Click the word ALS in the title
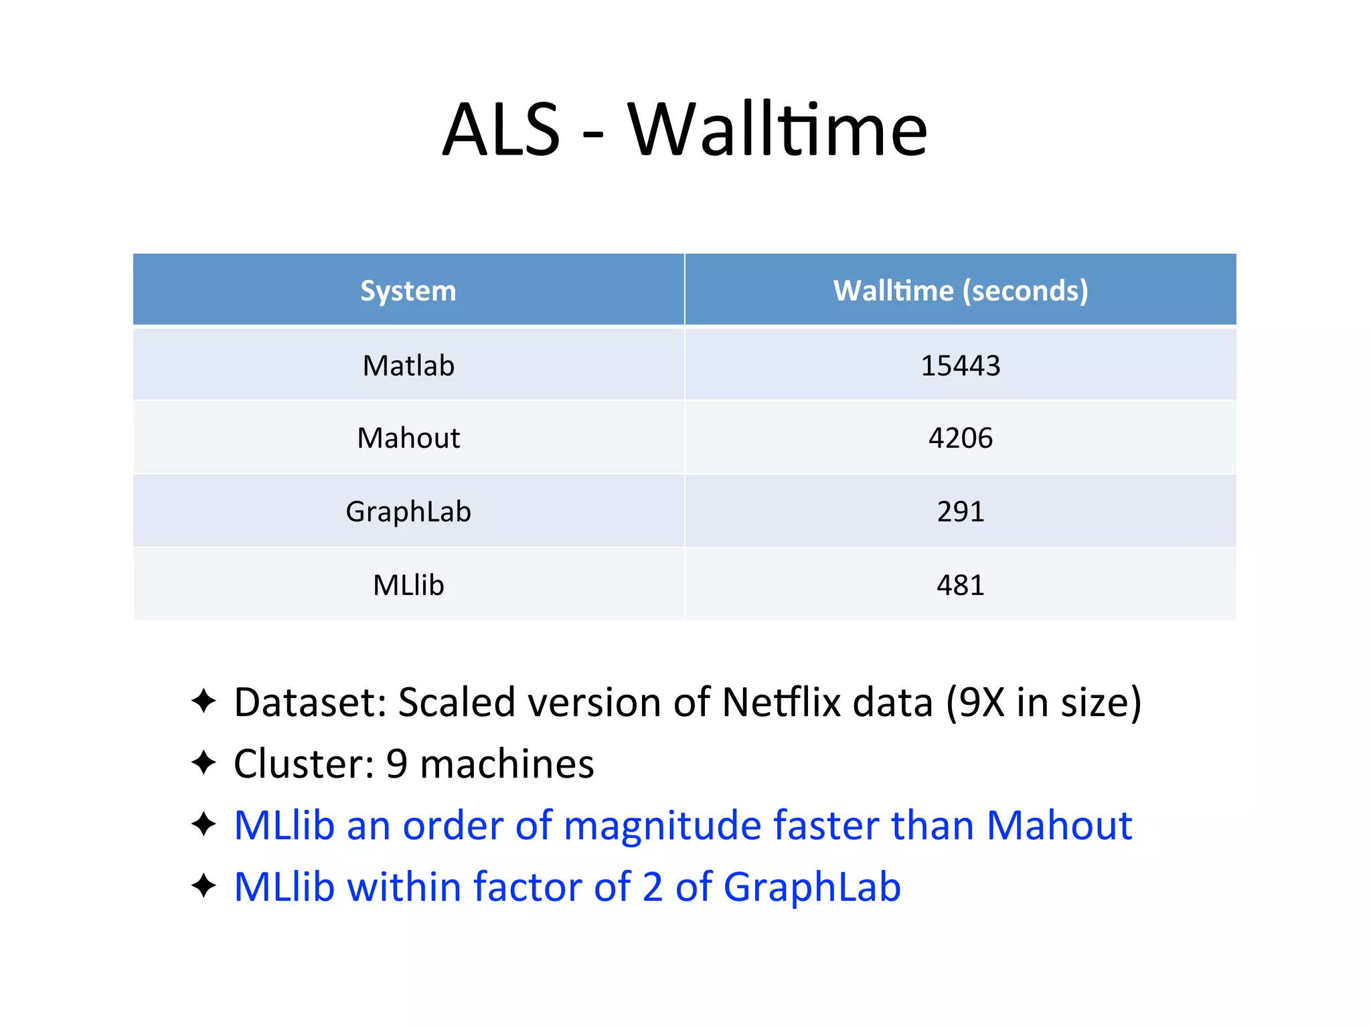[x=501, y=130]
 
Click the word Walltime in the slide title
[x=777, y=130]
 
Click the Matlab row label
[x=408, y=366]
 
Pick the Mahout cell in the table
[x=408, y=438]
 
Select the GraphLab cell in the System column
[x=408, y=512]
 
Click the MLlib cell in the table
[x=408, y=586]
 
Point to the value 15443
[x=960, y=366]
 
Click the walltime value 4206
[x=960, y=438]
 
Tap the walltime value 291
[x=960, y=512]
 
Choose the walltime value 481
[x=960, y=586]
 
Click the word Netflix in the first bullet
[x=781, y=703]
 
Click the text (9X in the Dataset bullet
[x=975, y=703]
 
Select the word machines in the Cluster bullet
[x=507, y=764]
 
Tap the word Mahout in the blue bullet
[x=1059, y=826]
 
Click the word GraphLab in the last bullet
[x=812, y=887]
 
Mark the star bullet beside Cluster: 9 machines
[x=204, y=763]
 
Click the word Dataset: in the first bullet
[x=310, y=703]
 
